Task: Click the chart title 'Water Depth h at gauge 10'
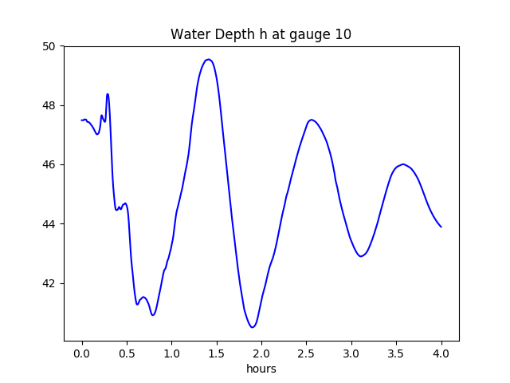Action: [261, 35]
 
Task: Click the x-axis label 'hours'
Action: [261, 369]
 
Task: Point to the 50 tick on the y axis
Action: [49, 46]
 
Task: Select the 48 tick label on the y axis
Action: [49, 105]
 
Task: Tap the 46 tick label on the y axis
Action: [49, 164]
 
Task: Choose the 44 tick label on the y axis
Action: [49, 224]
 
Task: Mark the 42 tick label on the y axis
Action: [49, 283]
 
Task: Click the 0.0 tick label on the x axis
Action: [82, 353]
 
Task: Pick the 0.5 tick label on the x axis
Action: [127, 353]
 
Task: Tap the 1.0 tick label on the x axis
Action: [172, 353]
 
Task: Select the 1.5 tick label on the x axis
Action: [217, 353]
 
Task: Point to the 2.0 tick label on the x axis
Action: [261, 353]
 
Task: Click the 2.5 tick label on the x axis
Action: [307, 353]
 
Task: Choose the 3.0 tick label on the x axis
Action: [351, 353]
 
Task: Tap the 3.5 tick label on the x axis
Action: [396, 353]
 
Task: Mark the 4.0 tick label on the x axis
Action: [441, 353]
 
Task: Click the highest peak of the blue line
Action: [208, 60]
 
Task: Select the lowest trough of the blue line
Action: [252, 327]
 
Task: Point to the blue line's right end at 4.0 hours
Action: [441, 227]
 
